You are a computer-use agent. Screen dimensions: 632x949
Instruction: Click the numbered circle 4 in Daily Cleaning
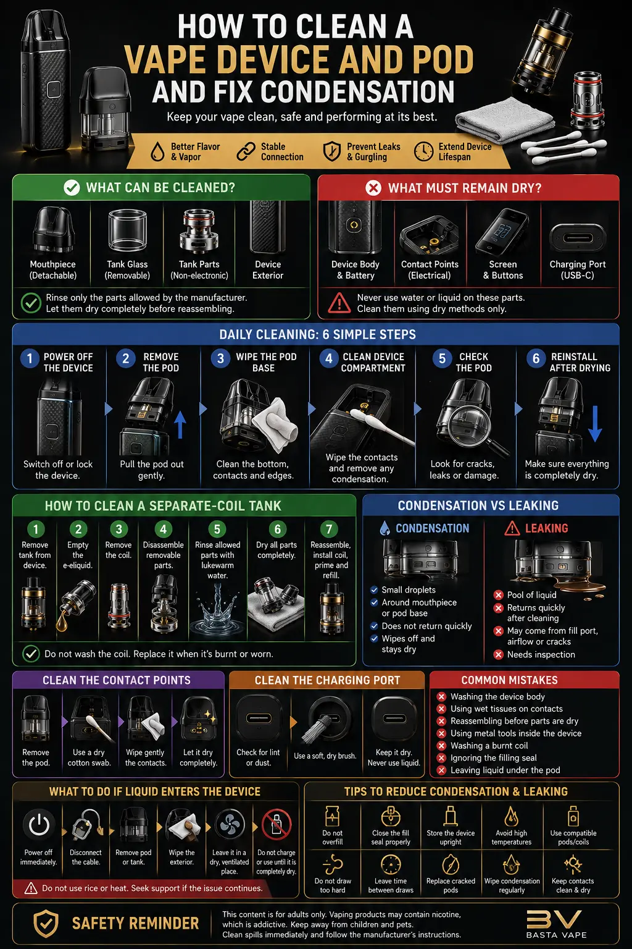tap(329, 358)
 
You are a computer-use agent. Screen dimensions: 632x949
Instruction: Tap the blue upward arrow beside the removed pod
tap(180, 424)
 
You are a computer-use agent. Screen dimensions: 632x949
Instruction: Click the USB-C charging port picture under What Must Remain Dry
tap(578, 238)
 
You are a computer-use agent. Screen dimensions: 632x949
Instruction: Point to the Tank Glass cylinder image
tap(127, 230)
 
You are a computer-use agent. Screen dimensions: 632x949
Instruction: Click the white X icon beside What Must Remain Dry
tap(373, 188)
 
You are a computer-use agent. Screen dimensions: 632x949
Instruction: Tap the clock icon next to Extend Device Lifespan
tap(423, 151)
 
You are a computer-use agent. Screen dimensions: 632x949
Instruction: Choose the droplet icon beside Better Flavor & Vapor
tap(157, 151)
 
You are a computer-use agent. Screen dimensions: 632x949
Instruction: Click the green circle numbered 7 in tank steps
tap(329, 529)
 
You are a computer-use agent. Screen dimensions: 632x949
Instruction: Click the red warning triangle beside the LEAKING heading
tap(512, 528)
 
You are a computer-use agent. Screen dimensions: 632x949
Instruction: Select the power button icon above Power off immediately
tap(38, 825)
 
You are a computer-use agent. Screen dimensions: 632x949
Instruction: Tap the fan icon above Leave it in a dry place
tap(230, 824)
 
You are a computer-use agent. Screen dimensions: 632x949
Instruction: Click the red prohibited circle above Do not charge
tap(276, 824)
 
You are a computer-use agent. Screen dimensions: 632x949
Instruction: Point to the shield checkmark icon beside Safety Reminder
tap(46, 923)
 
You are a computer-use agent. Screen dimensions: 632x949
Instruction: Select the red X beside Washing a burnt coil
tap(441, 746)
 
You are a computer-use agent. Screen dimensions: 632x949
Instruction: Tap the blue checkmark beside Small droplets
tap(374, 590)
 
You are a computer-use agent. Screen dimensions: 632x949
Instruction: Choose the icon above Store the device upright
tap(451, 816)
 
